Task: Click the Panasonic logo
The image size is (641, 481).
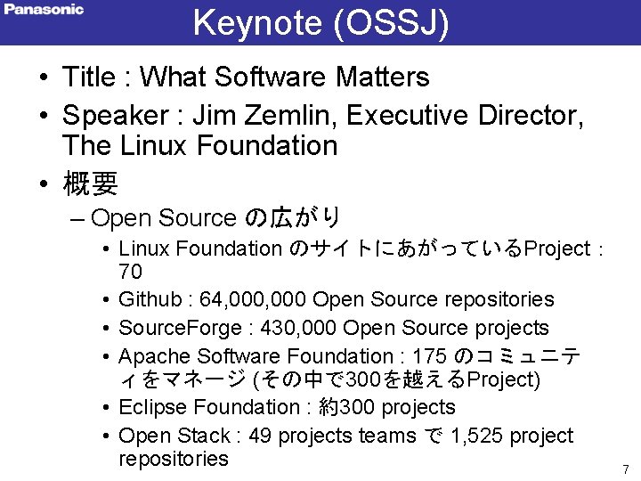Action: tap(44, 10)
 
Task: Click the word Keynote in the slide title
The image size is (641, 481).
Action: tap(257, 23)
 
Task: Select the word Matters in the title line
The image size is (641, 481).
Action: tap(382, 77)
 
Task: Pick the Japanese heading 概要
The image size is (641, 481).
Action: tap(90, 183)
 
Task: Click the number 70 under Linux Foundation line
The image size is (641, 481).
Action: tap(131, 271)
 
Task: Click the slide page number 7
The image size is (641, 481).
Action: tap(626, 469)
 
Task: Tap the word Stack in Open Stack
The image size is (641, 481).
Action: tap(203, 436)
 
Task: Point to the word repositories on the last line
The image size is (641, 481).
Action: tap(174, 459)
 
